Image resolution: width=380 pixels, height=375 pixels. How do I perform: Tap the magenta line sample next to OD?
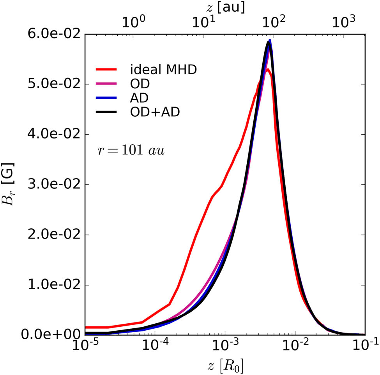(111, 84)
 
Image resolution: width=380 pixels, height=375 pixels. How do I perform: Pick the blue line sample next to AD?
(111, 98)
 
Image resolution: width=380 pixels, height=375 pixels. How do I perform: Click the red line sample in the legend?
(111, 70)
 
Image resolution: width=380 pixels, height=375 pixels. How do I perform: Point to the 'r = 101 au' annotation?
(131, 151)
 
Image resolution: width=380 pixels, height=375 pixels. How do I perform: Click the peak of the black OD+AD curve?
(268, 42)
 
